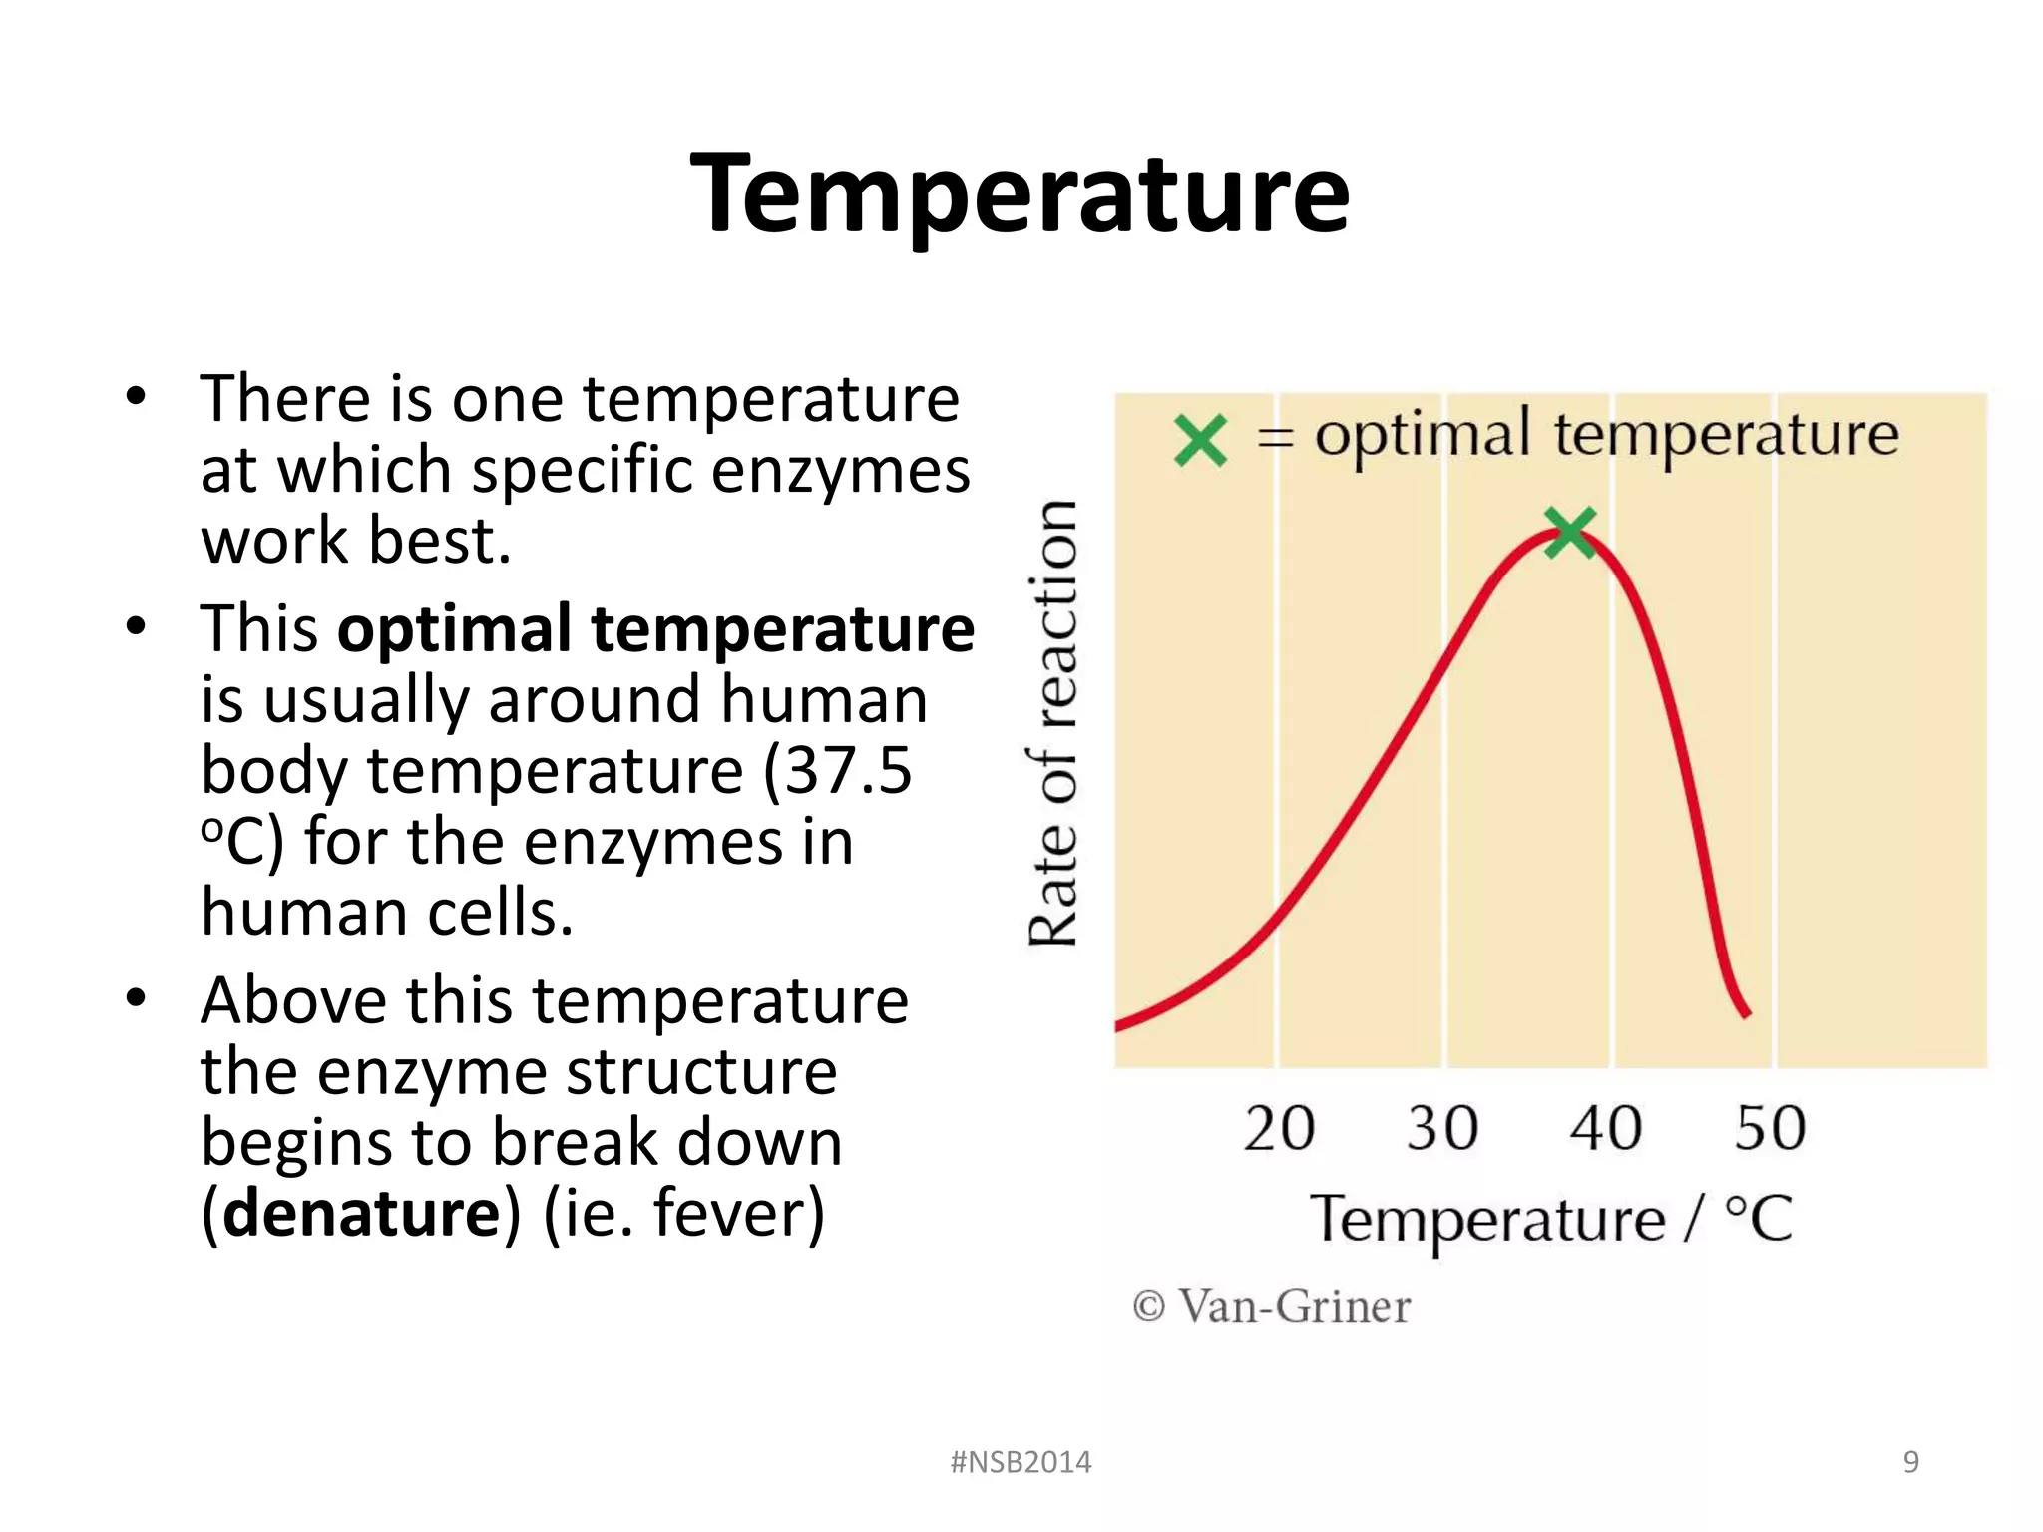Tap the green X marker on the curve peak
(1570, 532)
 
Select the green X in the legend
(1200, 440)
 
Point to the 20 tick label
(1279, 1128)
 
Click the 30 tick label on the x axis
(1442, 1128)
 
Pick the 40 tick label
(1606, 1128)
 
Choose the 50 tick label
(1770, 1128)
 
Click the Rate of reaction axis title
(1053, 723)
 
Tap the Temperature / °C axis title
(1551, 1219)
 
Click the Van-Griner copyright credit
(1272, 1306)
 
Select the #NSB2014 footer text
(1021, 1462)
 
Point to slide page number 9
(1910, 1462)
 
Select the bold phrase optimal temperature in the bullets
(655, 629)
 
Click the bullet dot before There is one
(137, 397)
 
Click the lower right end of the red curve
(1746, 1013)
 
